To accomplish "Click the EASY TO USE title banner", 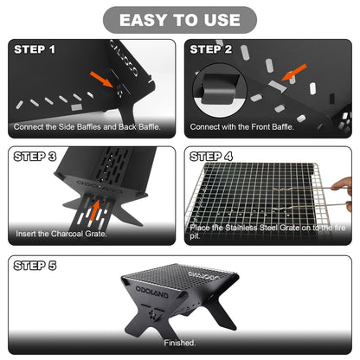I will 180,20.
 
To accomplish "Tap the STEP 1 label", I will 35,50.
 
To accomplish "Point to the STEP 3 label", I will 35,157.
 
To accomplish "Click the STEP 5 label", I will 35,267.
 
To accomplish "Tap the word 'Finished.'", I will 179,343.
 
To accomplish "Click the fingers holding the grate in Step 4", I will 344,186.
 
